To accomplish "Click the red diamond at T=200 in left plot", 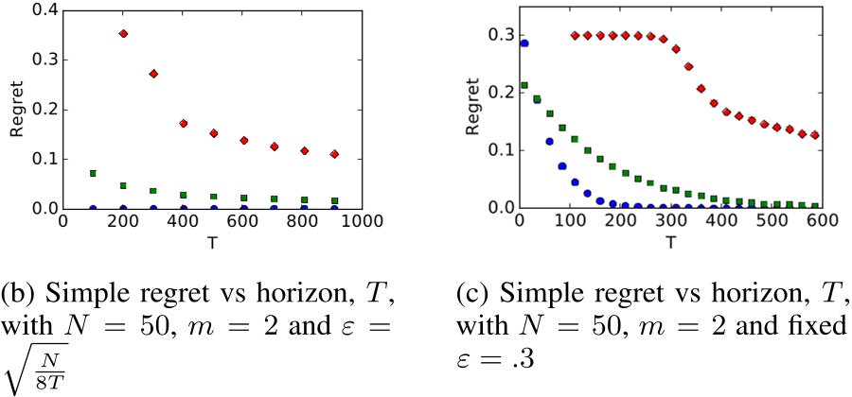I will click(x=123, y=33).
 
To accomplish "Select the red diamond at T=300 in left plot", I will click(x=153, y=73).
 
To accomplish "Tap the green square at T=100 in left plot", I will click(x=93, y=173).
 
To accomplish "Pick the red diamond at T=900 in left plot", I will click(x=334, y=153).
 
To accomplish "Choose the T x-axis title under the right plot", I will click(x=670, y=241).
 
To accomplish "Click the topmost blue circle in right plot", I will click(x=524, y=43).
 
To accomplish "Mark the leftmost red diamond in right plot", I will click(x=576, y=35).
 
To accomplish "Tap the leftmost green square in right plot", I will click(x=524, y=86).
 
